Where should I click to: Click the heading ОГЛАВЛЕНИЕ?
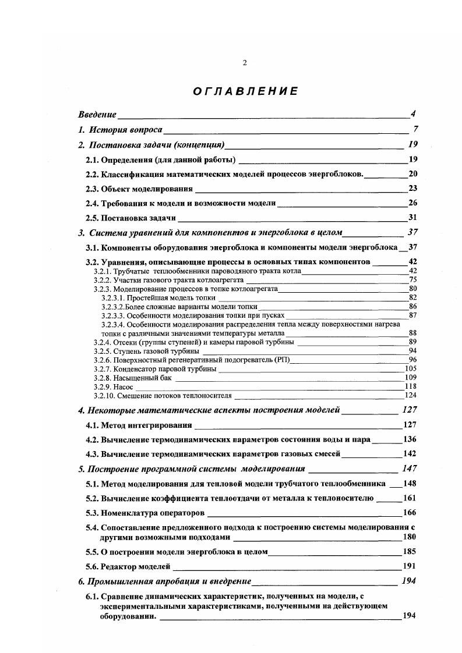coord(245,91)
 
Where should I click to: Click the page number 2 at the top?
coord(245,63)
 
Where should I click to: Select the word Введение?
coord(97,114)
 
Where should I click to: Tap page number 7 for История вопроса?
coord(415,129)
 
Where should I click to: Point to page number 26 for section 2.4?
coord(412,203)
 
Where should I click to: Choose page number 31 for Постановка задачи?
coord(412,218)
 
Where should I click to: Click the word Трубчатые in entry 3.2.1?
coord(129,271)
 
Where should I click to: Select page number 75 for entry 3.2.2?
coord(413,279)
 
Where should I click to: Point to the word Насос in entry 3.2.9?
coord(124,386)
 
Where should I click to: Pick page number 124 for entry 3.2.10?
coord(411,395)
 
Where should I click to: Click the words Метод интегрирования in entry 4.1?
coord(146,425)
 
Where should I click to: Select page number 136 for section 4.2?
coord(410,439)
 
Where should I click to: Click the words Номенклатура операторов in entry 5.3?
coord(153,513)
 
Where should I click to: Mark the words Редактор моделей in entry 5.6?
coord(136,566)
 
